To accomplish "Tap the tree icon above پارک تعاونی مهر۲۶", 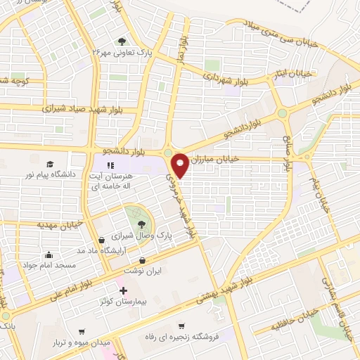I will point(122,41).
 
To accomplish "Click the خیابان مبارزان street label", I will point(216,159).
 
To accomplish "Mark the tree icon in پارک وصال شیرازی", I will point(141,223).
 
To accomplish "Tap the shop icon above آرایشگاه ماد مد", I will point(103,240).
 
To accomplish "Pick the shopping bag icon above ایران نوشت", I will point(143,260).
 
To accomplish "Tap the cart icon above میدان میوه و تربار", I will point(82,331).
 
